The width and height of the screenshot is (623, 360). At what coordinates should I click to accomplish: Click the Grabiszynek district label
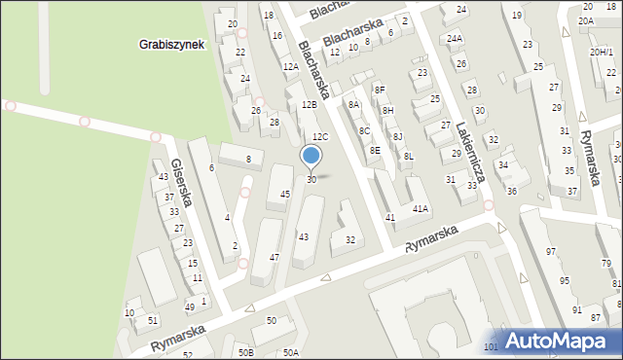click(170, 45)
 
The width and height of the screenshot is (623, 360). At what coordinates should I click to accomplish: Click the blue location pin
click(311, 156)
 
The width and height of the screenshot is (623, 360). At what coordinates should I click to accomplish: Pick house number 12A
click(290, 67)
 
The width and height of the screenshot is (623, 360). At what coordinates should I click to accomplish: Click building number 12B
click(309, 104)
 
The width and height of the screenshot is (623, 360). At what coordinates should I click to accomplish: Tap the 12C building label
click(320, 137)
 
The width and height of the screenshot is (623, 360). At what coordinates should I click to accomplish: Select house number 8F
click(380, 90)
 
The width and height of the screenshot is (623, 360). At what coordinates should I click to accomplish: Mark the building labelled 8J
click(398, 136)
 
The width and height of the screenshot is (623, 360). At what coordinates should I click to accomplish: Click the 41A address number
click(421, 209)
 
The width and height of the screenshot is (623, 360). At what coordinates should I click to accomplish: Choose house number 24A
click(455, 39)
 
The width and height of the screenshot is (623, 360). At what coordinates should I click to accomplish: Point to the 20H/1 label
click(601, 52)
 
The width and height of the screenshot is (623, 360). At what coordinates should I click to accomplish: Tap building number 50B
click(245, 352)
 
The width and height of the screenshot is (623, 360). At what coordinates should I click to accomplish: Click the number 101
click(491, 346)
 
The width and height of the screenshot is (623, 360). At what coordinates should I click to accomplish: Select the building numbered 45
click(285, 195)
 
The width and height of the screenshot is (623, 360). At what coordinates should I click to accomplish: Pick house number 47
click(275, 257)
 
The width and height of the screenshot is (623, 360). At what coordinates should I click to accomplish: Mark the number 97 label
click(551, 252)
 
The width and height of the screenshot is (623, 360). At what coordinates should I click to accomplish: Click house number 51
click(153, 320)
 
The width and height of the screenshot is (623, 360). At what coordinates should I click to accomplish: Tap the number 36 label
click(511, 191)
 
